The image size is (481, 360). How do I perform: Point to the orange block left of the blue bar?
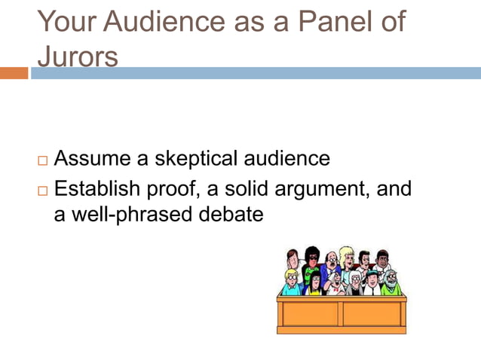click(14, 73)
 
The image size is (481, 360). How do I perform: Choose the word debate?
click(228, 215)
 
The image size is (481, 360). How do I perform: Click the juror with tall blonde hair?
click(347, 260)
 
